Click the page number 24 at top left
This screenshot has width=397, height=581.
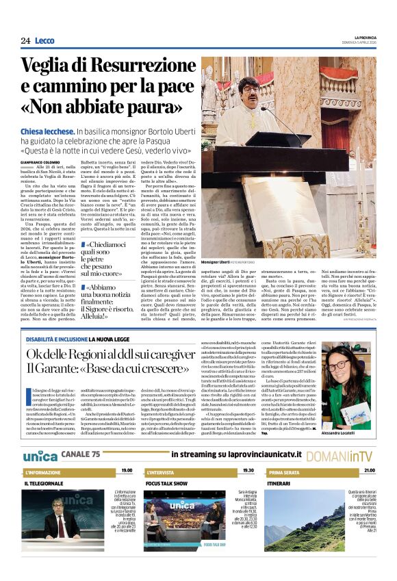25,41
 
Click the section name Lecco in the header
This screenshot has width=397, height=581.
44,41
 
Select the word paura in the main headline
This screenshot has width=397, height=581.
155,108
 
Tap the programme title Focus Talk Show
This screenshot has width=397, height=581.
166,483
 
